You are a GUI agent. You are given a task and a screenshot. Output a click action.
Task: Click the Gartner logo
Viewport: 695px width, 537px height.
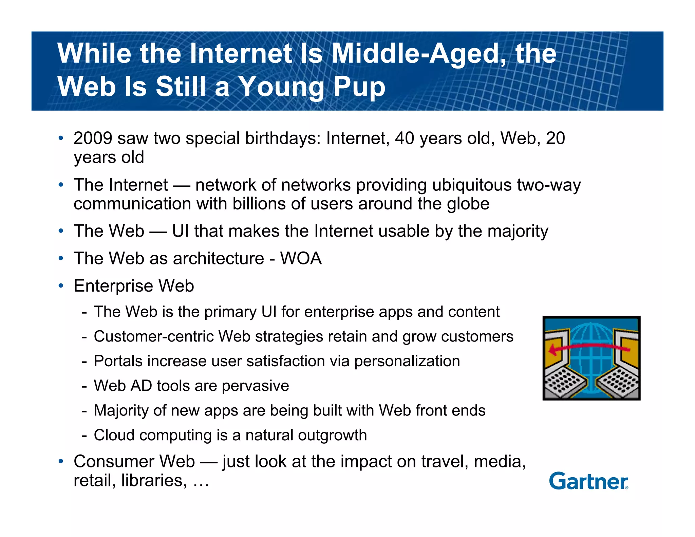pyautogui.click(x=588, y=481)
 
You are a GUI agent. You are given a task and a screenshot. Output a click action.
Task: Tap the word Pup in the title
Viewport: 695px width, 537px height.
pyautogui.click(x=359, y=86)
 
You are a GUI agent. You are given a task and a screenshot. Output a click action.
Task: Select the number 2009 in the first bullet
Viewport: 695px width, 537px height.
pyautogui.click(x=93, y=138)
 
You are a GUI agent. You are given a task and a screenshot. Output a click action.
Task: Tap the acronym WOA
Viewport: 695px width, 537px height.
pyautogui.click(x=301, y=258)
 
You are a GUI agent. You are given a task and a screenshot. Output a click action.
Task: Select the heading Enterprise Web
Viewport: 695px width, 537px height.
pyautogui.click(x=134, y=286)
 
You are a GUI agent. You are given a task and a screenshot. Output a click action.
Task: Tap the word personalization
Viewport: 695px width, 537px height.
pyautogui.click(x=407, y=361)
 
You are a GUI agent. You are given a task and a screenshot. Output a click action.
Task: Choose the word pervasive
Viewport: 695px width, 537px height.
pyautogui.click(x=255, y=386)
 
